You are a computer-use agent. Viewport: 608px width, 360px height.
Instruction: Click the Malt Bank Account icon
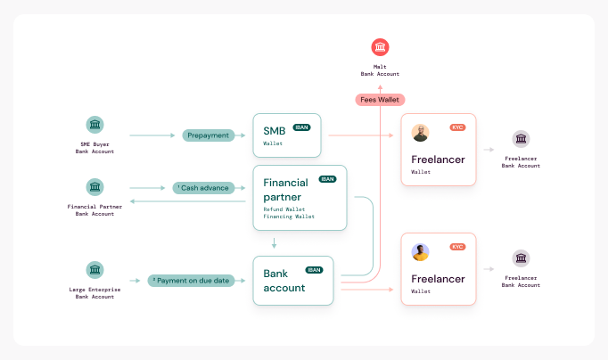[x=381, y=47]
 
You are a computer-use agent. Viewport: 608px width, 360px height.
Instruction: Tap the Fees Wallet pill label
[x=380, y=100]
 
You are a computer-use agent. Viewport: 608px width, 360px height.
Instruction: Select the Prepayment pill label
[x=208, y=135]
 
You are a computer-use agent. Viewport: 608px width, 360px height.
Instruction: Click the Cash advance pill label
[x=203, y=188]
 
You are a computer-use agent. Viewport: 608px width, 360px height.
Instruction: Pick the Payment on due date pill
[x=191, y=280]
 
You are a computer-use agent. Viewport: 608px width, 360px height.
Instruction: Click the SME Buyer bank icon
[x=94, y=125]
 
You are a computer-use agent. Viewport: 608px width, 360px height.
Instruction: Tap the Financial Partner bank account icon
[x=94, y=187]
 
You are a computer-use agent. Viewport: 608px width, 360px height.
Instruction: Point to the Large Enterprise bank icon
[x=94, y=269]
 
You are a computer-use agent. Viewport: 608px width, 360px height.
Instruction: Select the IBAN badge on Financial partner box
[x=327, y=179]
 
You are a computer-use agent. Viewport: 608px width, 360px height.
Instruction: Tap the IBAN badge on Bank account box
[x=314, y=270]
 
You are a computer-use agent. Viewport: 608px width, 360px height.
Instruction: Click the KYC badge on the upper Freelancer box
[x=458, y=127]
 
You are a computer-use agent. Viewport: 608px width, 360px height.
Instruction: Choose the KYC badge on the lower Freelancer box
[x=458, y=247]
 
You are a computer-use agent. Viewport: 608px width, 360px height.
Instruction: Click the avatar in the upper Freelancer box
[x=421, y=133]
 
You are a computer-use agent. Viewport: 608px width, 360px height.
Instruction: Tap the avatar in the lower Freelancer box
[x=421, y=252]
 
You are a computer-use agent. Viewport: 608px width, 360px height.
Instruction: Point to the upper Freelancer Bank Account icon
[x=521, y=138]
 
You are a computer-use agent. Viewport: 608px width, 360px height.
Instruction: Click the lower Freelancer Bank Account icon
[x=521, y=258]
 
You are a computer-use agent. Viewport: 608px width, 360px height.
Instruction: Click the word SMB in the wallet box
[x=274, y=131]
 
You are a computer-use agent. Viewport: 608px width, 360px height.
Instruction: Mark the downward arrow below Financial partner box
[x=275, y=242]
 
